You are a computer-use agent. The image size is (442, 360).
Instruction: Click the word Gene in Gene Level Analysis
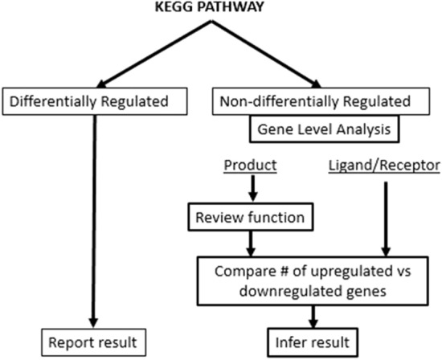pyautogui.click(x=272, y=129)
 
